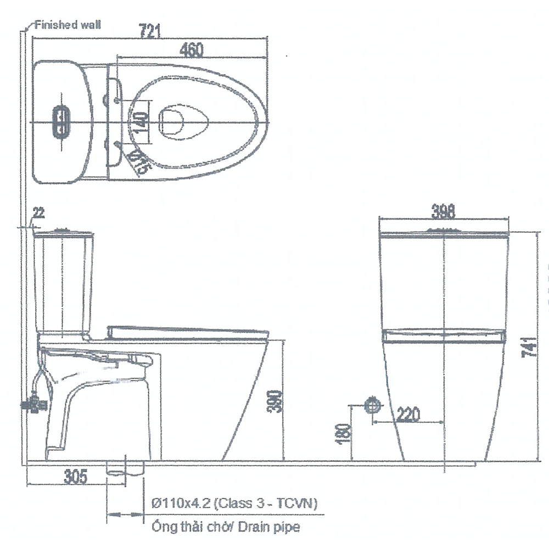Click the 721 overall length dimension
pyautogui.click(x=150, y=32)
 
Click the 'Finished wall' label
pyautogui.click(x=68, y=25)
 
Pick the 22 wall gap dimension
pyautogui.click(x=38, y=213)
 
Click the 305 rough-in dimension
pyautogui.click(x=75, y=477)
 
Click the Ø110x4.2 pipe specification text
pyautogui.click(x=233, y=502)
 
